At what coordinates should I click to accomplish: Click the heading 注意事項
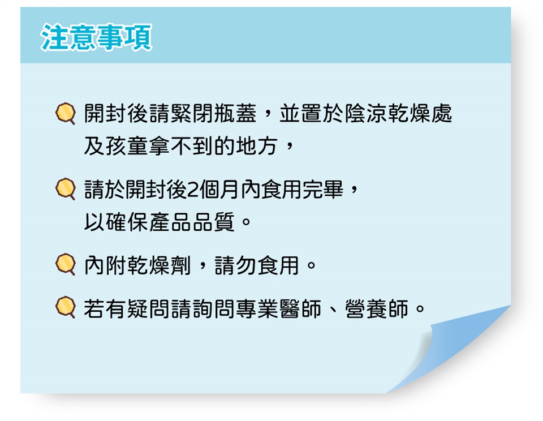pyautogui.click(x=96, y=37)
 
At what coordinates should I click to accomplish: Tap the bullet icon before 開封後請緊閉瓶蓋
pyautogui.click(x=66, y=114)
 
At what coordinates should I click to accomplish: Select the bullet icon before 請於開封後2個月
pyautogui.click(x=66, y=189)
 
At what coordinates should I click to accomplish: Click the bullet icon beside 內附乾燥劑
pyautogui.click(x=66, y=265)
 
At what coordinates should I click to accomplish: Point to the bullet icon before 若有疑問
pyautogui.click(x=66, y=308)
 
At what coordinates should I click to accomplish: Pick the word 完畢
pyautogui.click(x=323, y=190)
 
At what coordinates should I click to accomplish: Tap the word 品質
pyautogui.click(x=214, y=222)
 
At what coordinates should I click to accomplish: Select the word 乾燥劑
pyautogui.click(x=160, y=265)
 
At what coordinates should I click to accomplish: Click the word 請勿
pyautogui.click(x=235, y=265)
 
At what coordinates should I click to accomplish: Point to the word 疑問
pyautogui.click(x=149, y=308)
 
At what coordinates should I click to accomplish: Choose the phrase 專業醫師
pyautogui.click(x=279, y=308)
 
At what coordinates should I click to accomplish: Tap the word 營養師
pyautogui.click(x=377, y=308)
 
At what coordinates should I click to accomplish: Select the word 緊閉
pyautogui.click(x=192, y=114)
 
